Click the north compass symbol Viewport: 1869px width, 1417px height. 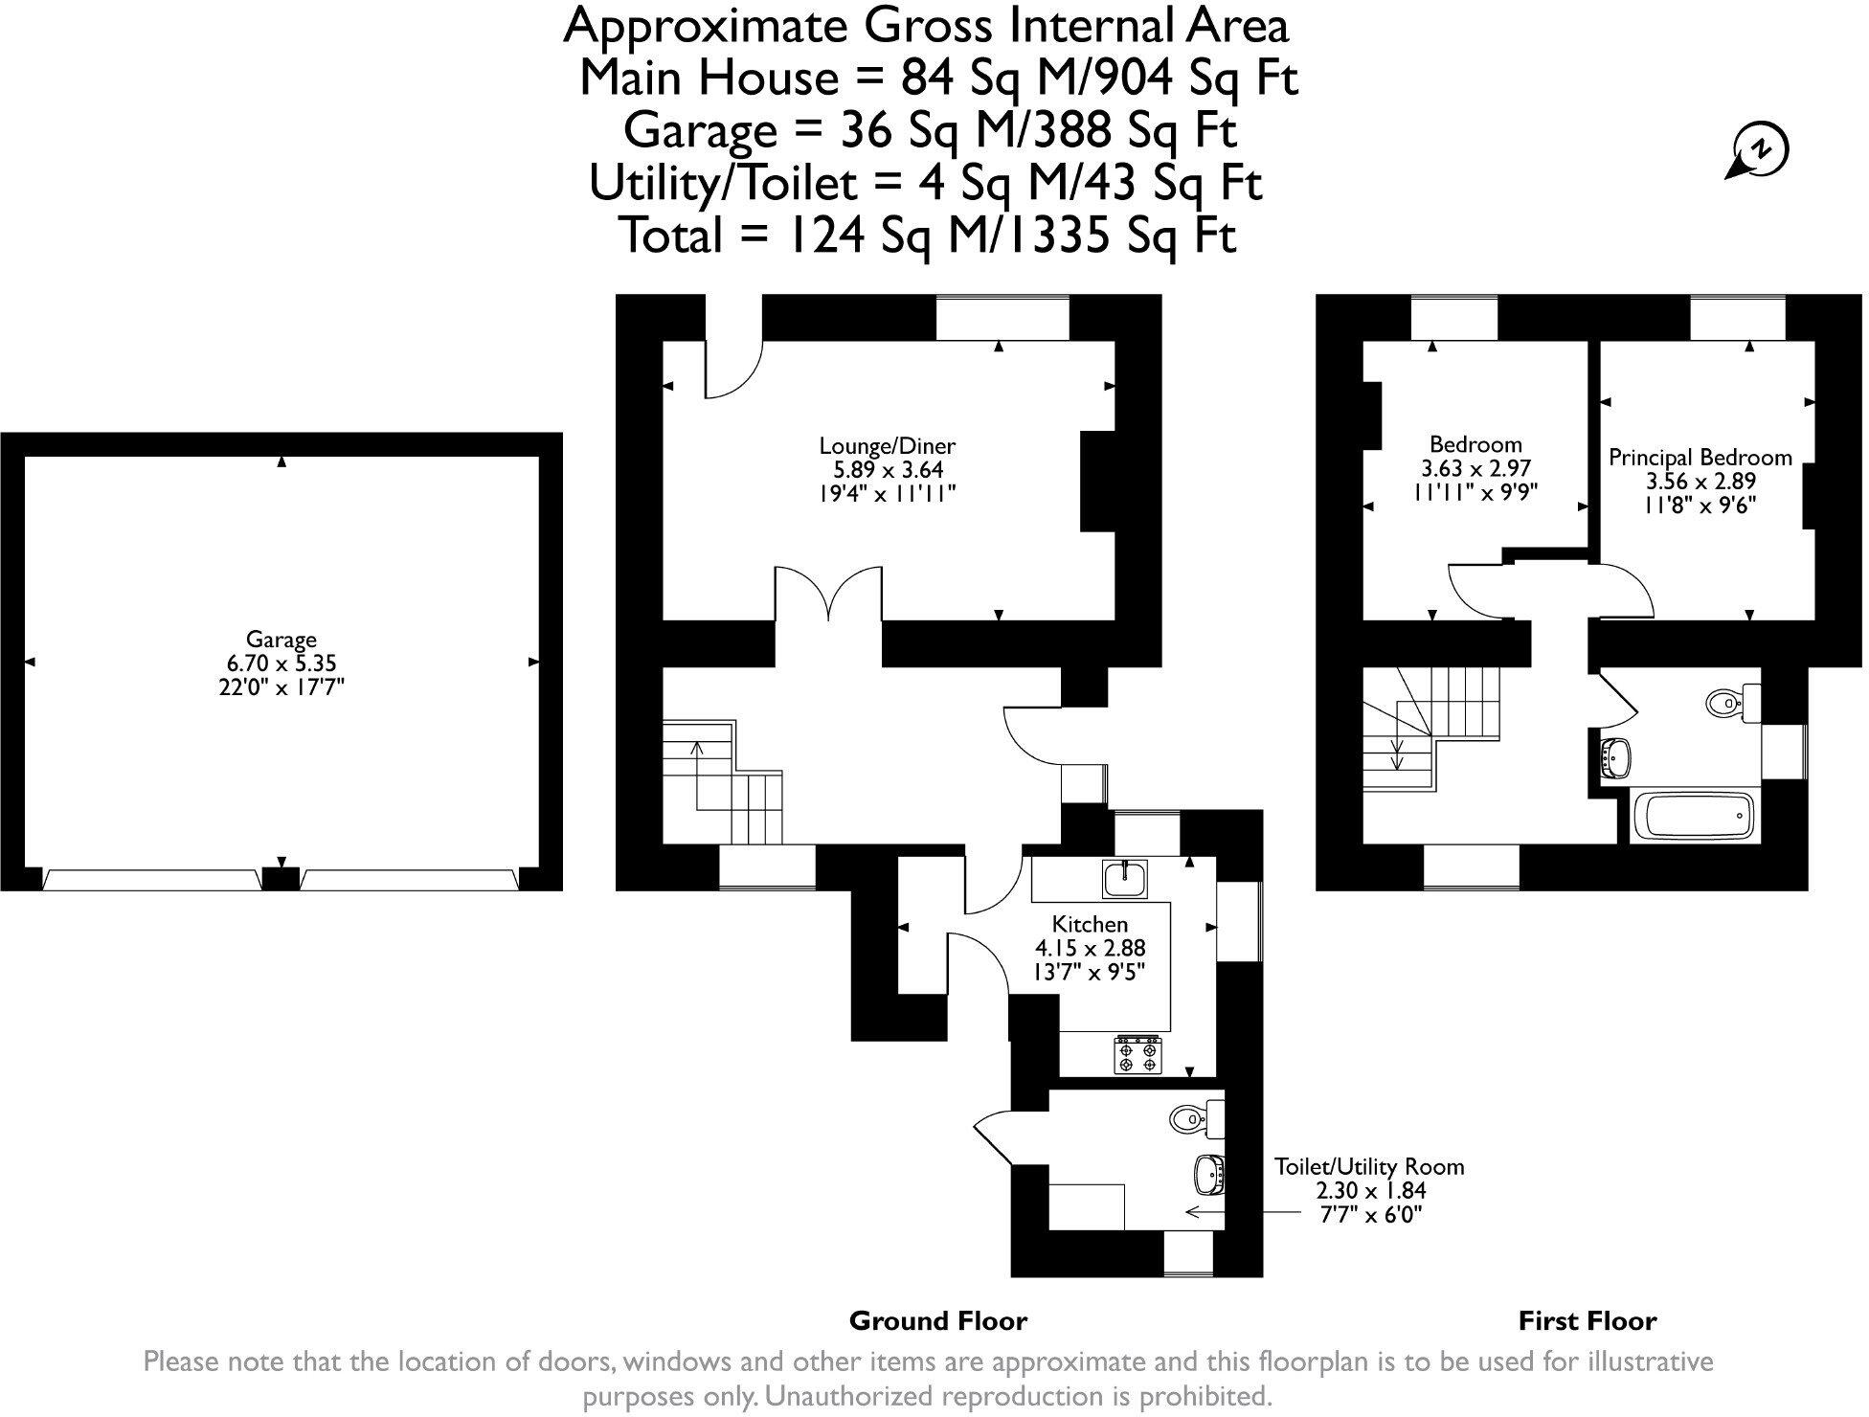pos(1759,151)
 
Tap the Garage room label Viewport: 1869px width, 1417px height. pos(281,640)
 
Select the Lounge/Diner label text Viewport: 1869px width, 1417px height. pos(887,445)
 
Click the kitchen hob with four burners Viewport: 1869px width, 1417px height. pos(1137,1054)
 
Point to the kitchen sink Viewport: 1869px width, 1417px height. pos(1124,878)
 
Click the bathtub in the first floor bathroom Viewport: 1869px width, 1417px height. pos(1693,817)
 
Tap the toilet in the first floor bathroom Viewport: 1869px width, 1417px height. pos(1733,703)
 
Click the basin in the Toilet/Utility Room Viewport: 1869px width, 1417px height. pos(1209,1173)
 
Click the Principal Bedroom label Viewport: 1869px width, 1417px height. pos(1700,458)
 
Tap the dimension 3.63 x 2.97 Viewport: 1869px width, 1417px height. pos(1475,469)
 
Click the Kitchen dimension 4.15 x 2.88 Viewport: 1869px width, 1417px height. pos(1090,948)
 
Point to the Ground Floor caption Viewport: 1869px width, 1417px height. pos(937,1321)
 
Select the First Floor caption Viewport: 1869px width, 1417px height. pos(1587,1321)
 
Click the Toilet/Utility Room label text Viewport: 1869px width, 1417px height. pos(1368,1166)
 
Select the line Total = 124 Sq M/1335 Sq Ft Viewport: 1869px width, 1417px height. pos(929,235)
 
